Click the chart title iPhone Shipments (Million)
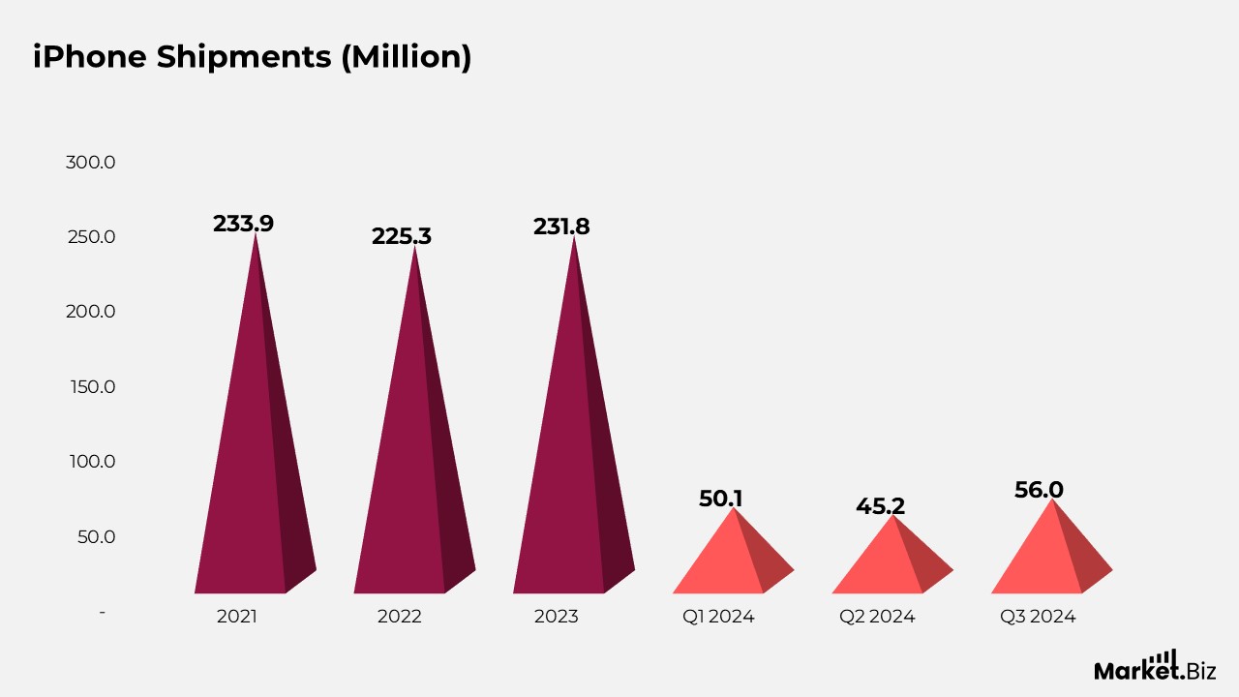(x=252, y=57)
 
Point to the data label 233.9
(x=243, y=224)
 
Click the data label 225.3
(x=402, y=236)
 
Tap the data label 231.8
(x=561, y=227)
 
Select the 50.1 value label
(x=721, y=499)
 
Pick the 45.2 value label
(x=880, y=505)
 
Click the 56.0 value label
(x=1039, y=490)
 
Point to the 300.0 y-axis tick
(x=90, y=162)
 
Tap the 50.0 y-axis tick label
(x=96, y=536)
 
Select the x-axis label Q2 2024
(x=877, y=617)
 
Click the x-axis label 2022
(x=400, y=617)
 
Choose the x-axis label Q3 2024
(x=1038, y=617)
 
